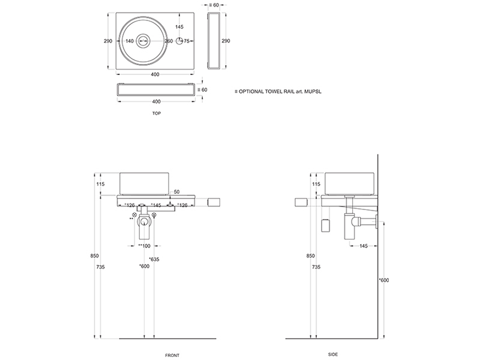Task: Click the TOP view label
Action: click(157, 113)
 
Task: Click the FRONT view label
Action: click(172, 355)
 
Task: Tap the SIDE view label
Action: click(333, 355)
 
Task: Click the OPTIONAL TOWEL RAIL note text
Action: click(278, 91)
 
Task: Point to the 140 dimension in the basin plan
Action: click(130, 41)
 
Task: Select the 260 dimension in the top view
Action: click(169, 41)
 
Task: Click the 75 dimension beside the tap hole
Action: click(187, 41)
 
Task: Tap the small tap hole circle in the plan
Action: click(179, 41)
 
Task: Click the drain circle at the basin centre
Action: click(143, 41)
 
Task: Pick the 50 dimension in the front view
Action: click(176, 192)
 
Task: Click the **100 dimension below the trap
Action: click(144, 246)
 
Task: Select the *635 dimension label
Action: click(154, 259)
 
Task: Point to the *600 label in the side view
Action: click(384, 280)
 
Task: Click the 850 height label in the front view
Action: click(95, 256)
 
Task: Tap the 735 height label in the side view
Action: click(316, 267)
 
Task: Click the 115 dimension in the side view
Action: click(316, 184)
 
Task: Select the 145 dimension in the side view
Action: click(364, 246)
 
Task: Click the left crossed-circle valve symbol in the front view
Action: click(134, 215)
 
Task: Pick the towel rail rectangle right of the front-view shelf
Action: click(214, 202)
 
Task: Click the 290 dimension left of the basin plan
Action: click(108, 41)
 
